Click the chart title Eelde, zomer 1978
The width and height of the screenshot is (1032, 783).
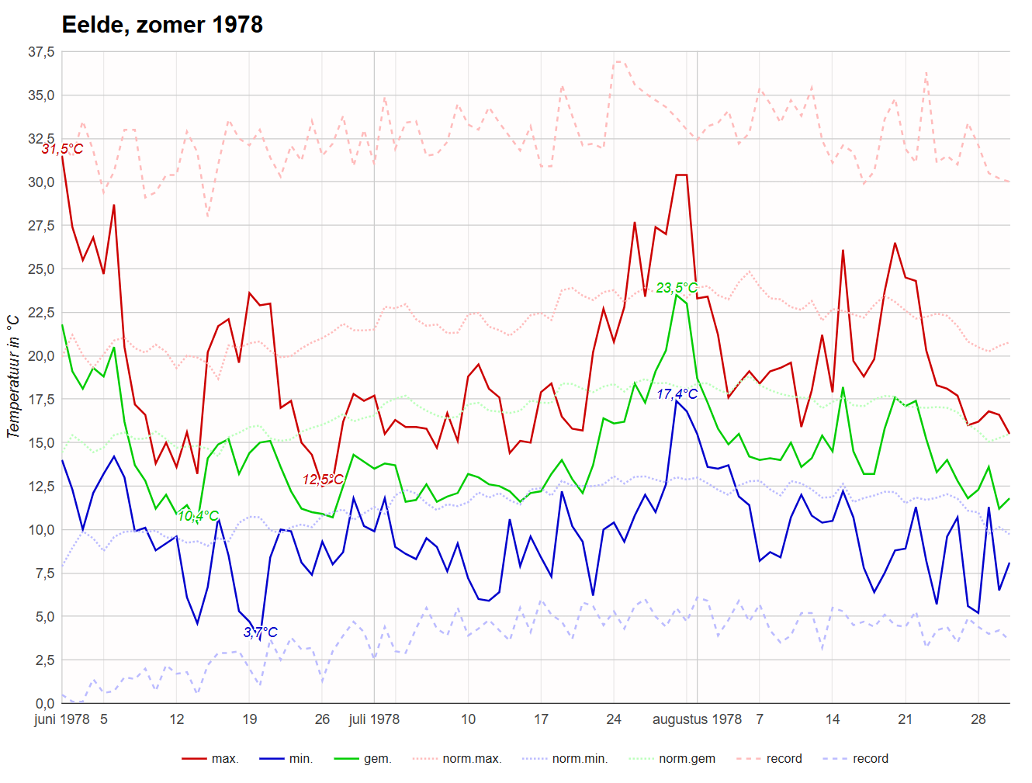(162, 25)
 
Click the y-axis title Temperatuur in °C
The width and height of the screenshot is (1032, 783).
(13, 376)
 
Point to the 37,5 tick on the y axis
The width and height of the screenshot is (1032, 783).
(41, 52)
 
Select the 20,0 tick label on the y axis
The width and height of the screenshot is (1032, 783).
(41, 356)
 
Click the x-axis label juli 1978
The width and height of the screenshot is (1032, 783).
(374, 719)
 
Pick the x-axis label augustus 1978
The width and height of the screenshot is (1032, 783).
(697, 719)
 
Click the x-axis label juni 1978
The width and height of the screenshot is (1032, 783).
(62, 719)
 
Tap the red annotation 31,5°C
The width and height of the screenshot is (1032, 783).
(62, 149)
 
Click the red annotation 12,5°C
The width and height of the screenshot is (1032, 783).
(323, 480)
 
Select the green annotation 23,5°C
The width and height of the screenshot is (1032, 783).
(677, 288)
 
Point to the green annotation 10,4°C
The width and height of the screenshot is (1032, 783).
(198, 516)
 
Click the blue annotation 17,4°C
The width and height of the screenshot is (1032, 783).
(677, 394)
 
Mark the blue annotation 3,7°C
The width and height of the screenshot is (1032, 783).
(260, 632)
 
